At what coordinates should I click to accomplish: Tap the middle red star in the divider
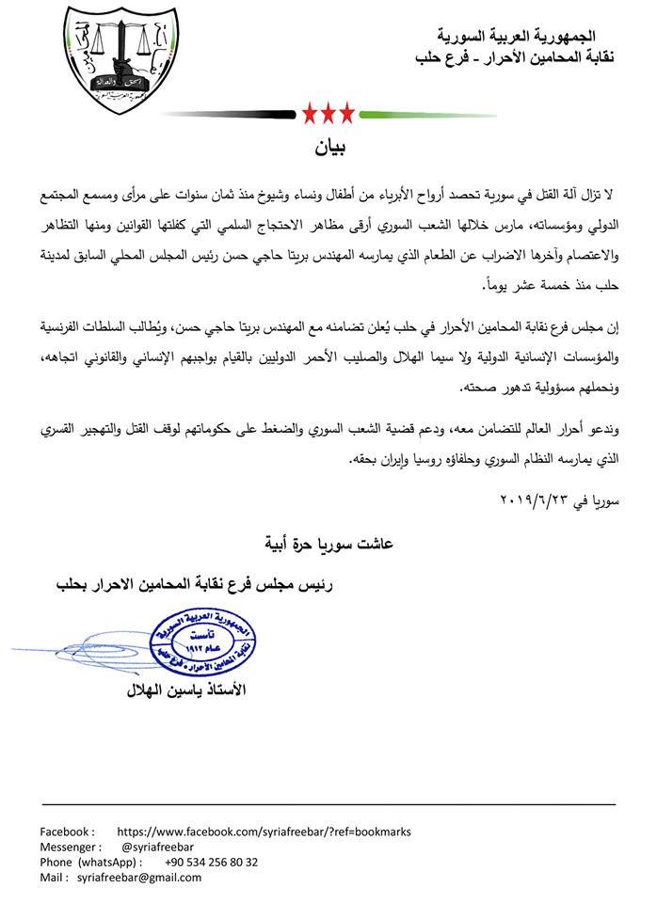pos(328,115)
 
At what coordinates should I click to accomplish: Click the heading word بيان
pos(328,149)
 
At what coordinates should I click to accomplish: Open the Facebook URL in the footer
pos(264,832)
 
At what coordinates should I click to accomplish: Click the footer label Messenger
pos(70,847)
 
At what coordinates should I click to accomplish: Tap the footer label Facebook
pos(66,832)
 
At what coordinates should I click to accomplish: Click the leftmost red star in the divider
pos(309,115)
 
